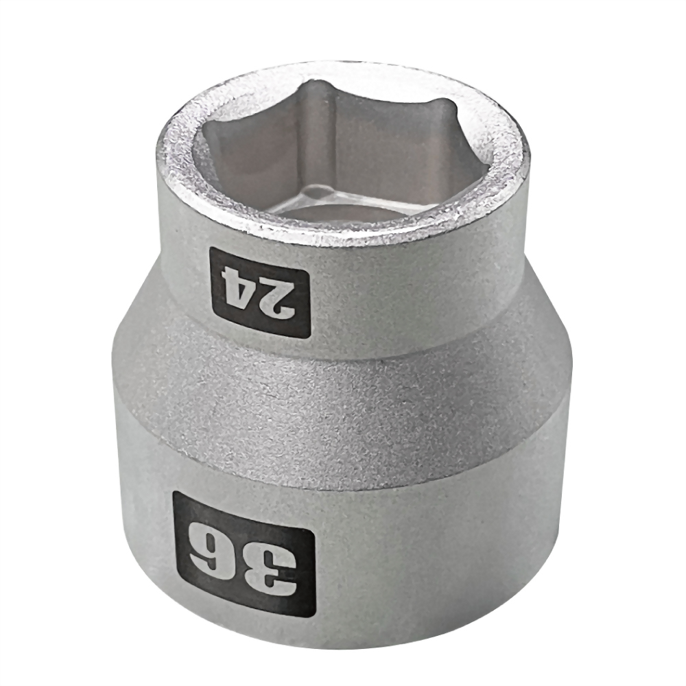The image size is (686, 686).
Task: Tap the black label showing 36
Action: (244, 553)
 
